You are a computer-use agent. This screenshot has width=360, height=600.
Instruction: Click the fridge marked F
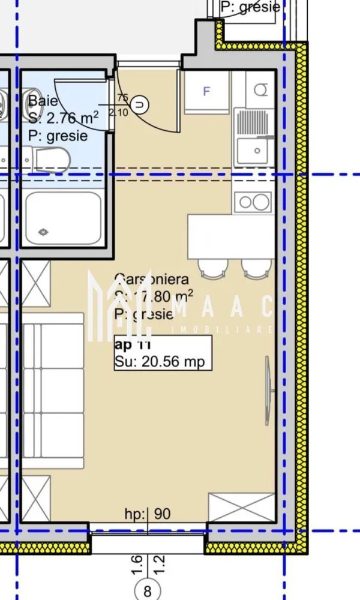207,92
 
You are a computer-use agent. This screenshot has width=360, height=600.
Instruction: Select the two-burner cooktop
253,202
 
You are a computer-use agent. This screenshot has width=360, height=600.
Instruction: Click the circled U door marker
140,105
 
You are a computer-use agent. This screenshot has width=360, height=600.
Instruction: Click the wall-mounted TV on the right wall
268,391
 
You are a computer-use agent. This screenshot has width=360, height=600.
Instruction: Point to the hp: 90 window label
148,514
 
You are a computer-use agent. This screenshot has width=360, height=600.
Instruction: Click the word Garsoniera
151,279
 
